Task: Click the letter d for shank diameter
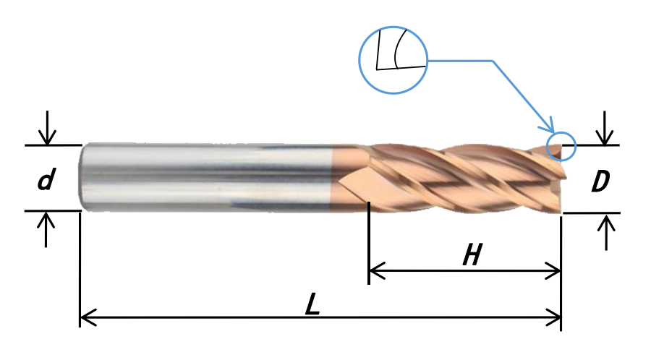click(x=46, y=179)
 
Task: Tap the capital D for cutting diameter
click(x=600, y=181)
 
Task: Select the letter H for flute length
click(x=473, y=254)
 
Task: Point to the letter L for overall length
click(x=312, y=304)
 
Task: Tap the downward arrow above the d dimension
click(x=47, y=128)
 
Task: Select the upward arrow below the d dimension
click(x=46, y=229)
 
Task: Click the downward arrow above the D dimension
click(x=605, y=128)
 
